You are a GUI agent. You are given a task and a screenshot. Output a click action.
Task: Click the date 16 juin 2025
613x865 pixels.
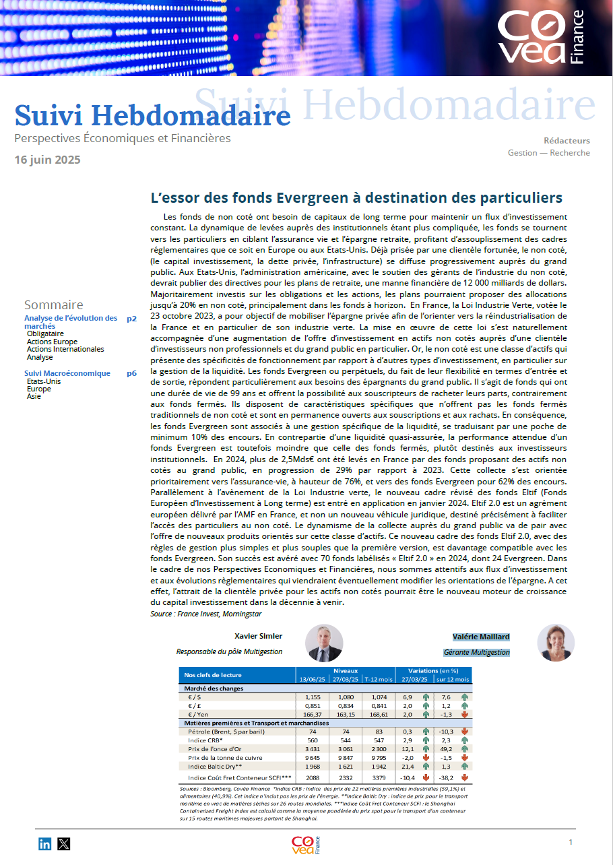point(47,160)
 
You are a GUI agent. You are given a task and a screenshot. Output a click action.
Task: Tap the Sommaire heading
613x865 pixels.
point(54,305)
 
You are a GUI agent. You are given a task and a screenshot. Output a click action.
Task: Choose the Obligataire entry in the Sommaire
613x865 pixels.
point(45,333)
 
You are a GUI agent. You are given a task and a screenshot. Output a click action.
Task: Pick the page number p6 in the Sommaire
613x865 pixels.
point(131,373)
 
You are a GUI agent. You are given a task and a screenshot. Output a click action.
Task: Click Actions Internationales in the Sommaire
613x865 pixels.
point(65,350)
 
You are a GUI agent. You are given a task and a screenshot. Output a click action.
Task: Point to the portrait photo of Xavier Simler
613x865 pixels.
point(324,642)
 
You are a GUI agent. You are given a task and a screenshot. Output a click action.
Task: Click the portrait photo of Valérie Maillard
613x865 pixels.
point(556,642)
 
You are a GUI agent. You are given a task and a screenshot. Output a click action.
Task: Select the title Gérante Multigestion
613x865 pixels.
point(476,652)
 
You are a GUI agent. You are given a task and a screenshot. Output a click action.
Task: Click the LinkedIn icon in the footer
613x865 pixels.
point(45,843)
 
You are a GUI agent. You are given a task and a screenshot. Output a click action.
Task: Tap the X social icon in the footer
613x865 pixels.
point(64,843)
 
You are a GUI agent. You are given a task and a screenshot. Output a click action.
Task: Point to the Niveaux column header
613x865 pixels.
point(346,671)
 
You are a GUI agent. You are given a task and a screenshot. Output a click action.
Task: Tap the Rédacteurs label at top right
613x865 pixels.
point(567,141)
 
